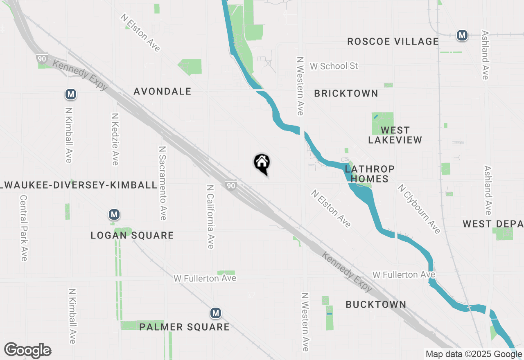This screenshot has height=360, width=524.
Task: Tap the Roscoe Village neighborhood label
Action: coord(393,41)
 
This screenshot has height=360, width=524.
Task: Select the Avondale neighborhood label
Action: coord(163,91)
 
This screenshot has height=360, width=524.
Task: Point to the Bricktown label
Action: coord(346,93)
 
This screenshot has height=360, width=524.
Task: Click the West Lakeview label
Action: coord(395,135)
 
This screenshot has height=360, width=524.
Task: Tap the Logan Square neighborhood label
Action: coord(132,235)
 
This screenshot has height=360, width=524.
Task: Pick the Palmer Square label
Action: coord(184,327)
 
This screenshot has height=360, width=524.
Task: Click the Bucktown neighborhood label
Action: coord(376,304)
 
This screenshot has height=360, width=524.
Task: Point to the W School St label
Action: coord(334,66)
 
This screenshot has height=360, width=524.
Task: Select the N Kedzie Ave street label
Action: coord(115,139)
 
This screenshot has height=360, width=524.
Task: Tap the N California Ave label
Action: coord(210,216)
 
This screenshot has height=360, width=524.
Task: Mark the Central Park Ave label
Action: coord(23,227)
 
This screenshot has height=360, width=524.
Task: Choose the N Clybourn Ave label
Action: coord(419,209)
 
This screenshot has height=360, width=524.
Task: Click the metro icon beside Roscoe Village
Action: coord(462,36)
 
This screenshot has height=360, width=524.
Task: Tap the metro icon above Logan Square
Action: coord(114,214)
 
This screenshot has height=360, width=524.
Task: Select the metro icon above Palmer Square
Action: coord(216,313)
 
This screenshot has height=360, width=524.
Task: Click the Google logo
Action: coord(27,351)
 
